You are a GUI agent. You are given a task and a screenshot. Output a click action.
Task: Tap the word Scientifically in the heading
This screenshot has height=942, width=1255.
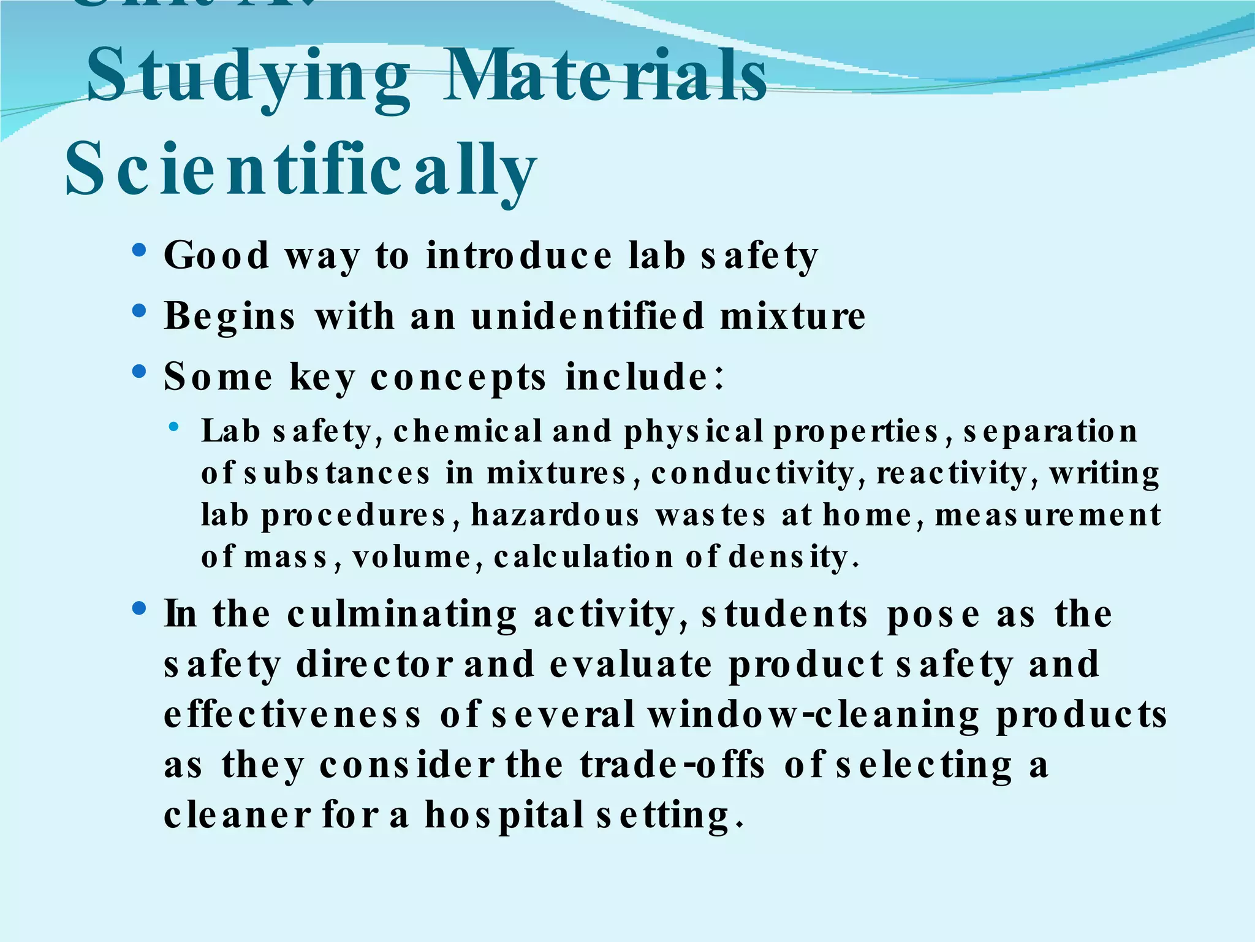click(300, 169)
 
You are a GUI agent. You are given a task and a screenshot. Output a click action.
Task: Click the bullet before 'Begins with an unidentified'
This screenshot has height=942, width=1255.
click(140, 311)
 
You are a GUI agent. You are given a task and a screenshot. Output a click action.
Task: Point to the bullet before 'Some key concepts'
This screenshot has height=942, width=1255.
click(140, 372)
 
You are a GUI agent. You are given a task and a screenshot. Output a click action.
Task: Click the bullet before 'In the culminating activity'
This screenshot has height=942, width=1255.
click(140, 608)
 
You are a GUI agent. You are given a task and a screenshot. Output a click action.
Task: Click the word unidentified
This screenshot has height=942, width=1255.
click(588, 316)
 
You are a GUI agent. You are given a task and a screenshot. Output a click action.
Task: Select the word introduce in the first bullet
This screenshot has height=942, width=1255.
click(519, 256)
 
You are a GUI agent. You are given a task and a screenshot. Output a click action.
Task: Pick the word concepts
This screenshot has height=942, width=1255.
click(458, 377)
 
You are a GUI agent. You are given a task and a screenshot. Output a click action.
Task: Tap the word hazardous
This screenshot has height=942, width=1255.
click(555, 515)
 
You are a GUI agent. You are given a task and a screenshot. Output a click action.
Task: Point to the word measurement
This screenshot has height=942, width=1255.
click(1047, 515)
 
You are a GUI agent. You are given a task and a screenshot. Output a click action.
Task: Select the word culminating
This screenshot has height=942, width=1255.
click(402, 615)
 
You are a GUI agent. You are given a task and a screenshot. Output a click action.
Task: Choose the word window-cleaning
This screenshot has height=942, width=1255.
click(813, 715)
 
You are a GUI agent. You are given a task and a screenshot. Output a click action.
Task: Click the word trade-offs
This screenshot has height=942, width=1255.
click(673, 765)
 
